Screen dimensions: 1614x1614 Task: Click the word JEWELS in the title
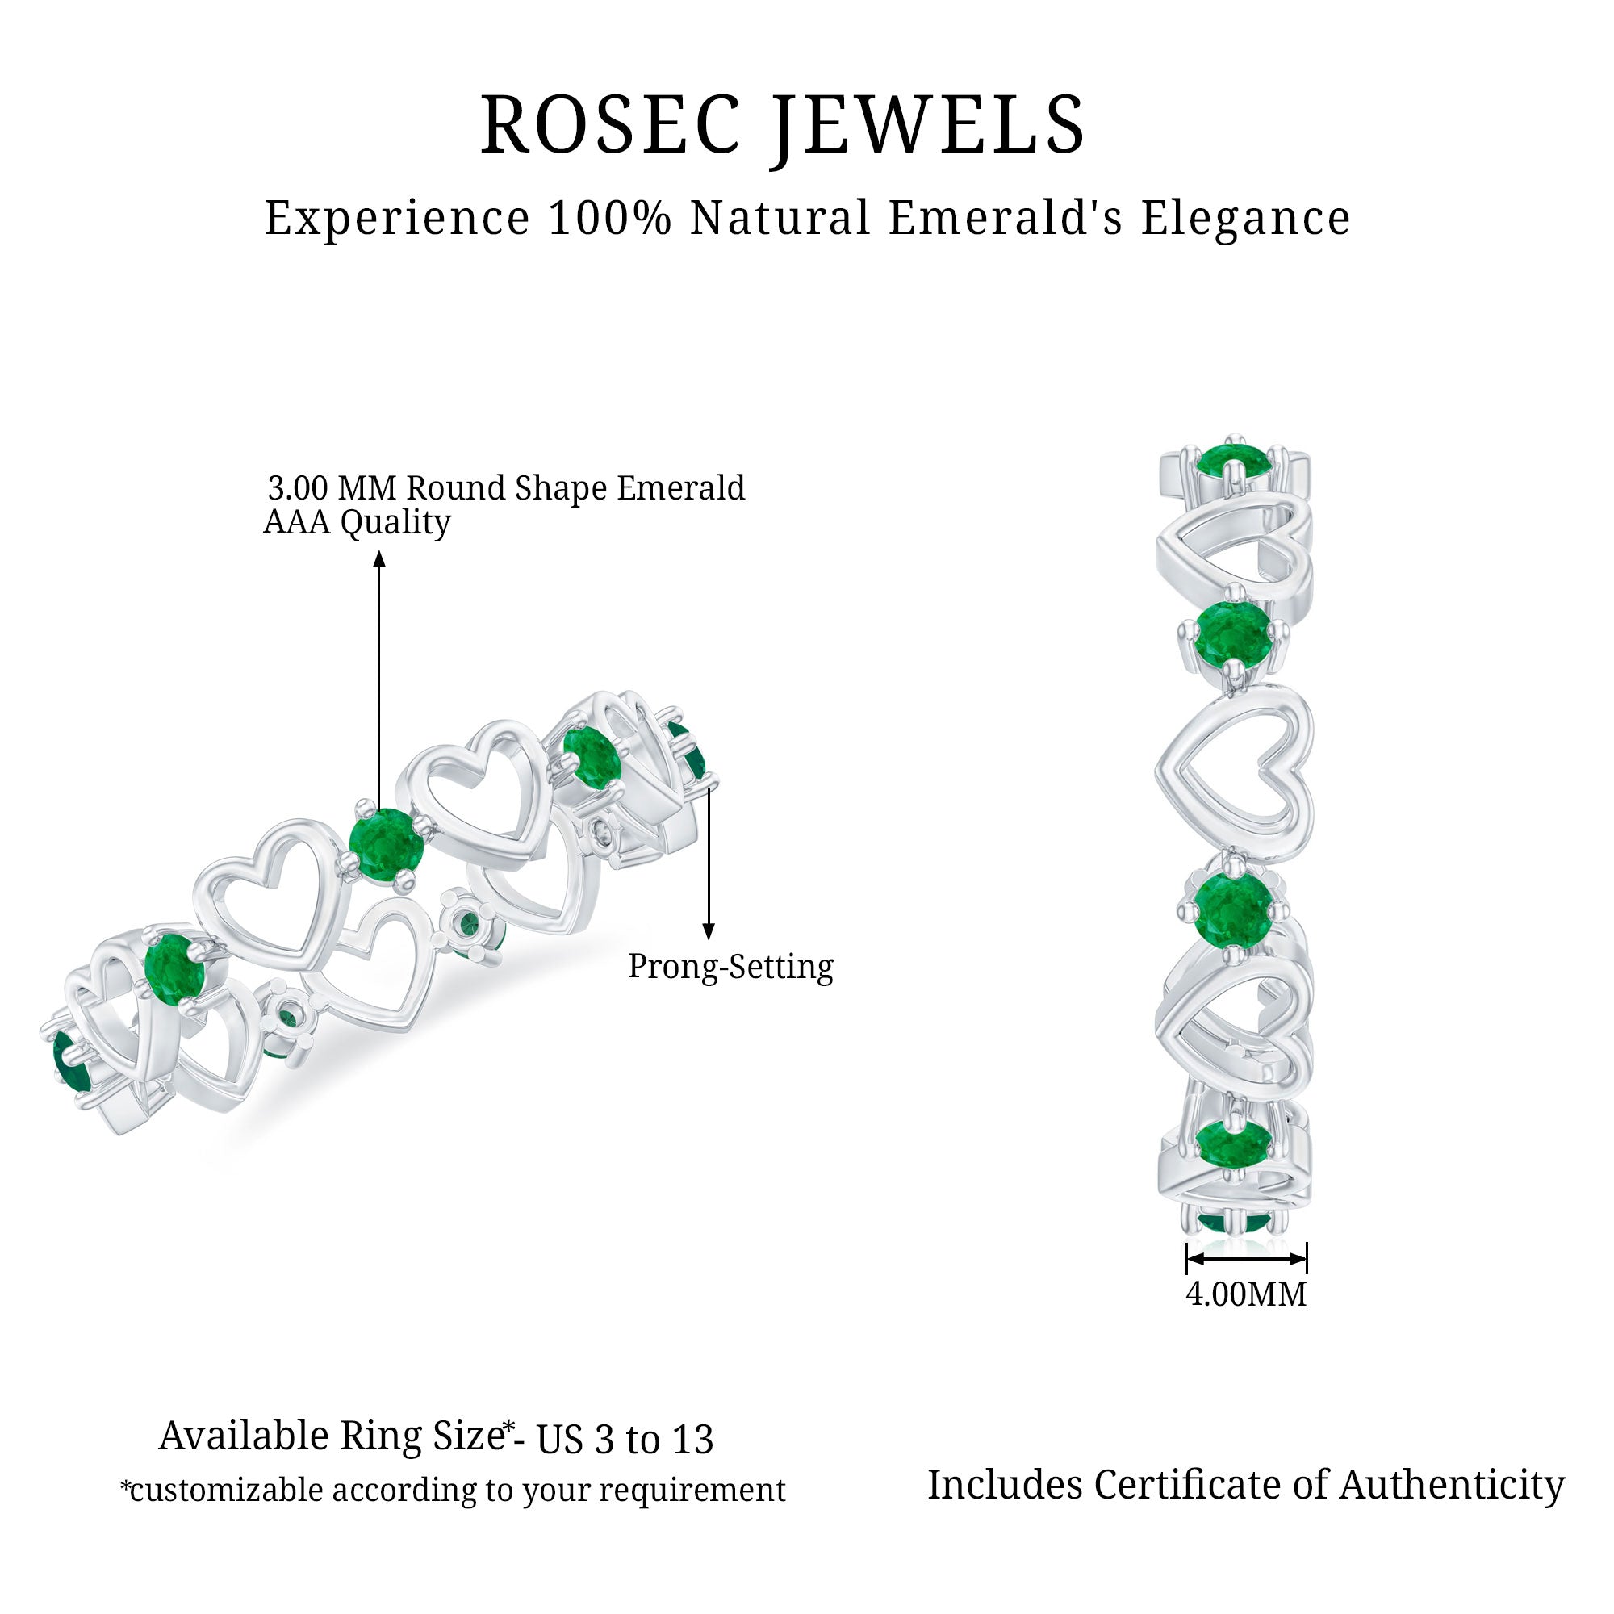click(x=927, y=125)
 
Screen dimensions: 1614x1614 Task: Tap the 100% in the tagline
click(x=610, y=218)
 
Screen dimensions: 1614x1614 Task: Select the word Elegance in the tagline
click(x=1244, y=218)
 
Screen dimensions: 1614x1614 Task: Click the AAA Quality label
click(x=357, y=522)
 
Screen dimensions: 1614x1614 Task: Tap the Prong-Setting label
click(x=730, y=967)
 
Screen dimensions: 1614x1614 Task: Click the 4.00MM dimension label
click(x=1245, y=1294)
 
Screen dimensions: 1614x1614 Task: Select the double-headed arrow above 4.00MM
click(x=1245, y=1258)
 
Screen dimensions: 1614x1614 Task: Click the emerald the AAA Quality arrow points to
click(x=385, y=846)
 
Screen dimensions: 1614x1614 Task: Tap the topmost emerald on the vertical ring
click(x=1232, y=460)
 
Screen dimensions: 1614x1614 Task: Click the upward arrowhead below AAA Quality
click(x=379, y=558)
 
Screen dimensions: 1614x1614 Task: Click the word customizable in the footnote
click(x=226, y=1491)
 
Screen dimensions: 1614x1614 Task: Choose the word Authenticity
click(x=1452, y=1486)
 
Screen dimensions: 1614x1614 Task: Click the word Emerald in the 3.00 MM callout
click(x=680, y=488)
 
